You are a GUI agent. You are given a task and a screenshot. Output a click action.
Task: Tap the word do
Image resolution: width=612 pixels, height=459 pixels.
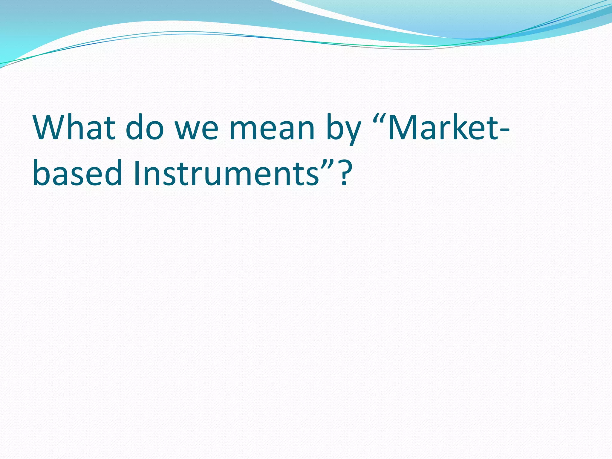(145, 127)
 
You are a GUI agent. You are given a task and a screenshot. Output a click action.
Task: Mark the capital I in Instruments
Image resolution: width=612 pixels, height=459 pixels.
(137, 173)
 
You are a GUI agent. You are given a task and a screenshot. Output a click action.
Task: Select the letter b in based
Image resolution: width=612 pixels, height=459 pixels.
(41, 173)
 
